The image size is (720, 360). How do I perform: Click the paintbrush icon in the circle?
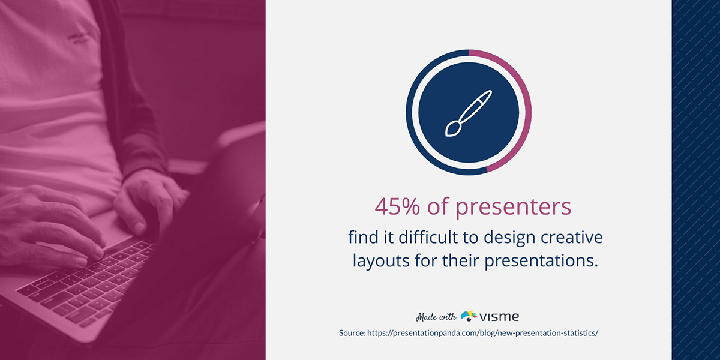[x=469, y=113]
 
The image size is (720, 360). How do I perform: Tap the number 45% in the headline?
[x=397, y=206]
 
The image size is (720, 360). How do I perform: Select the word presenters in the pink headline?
[x=514, y=208]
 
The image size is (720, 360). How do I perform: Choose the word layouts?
[x=381, y=260]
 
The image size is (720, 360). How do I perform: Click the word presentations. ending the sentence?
[x=541, y=260]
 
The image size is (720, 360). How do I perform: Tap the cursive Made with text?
[x=436, y=317]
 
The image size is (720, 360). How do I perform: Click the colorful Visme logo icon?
[x=469, y=316]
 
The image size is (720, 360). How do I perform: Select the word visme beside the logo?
[x=499, y=317]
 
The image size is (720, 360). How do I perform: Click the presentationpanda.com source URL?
[x=482, y=333]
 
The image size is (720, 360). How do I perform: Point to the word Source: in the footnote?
[x=352, y=333]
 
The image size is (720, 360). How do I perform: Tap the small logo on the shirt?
[x=78, y=38]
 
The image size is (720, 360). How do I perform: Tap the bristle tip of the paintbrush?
[x=452, y=129]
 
